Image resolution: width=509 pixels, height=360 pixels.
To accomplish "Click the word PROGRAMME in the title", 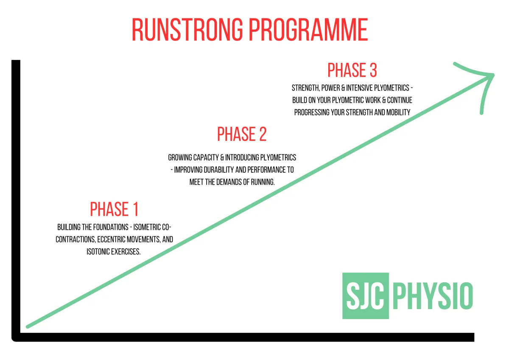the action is pyautogui.click(x=308, y=30).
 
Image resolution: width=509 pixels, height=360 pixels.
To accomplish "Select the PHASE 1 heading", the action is pyautogui.click(x=114, y=209).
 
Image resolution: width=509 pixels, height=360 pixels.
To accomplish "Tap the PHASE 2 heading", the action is pyautogui.click(x=242, y=134).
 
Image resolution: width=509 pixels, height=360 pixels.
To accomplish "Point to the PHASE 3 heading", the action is pyautogui.click(x=352, y=70).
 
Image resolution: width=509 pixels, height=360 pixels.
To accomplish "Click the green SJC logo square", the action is pyautogui.click(x=366, y=295).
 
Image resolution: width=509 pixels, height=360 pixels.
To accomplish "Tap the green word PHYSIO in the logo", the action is pyautogui.click(x=433, y=296).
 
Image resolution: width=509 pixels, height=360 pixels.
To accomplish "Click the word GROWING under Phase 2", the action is pyautogui.click(x=180, y=157).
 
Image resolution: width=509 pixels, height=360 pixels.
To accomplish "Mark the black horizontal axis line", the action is pyautogui.click(x=243, y=337).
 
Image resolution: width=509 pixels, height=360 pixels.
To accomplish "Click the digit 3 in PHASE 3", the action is pyautogui.click(x=373, y=70).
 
